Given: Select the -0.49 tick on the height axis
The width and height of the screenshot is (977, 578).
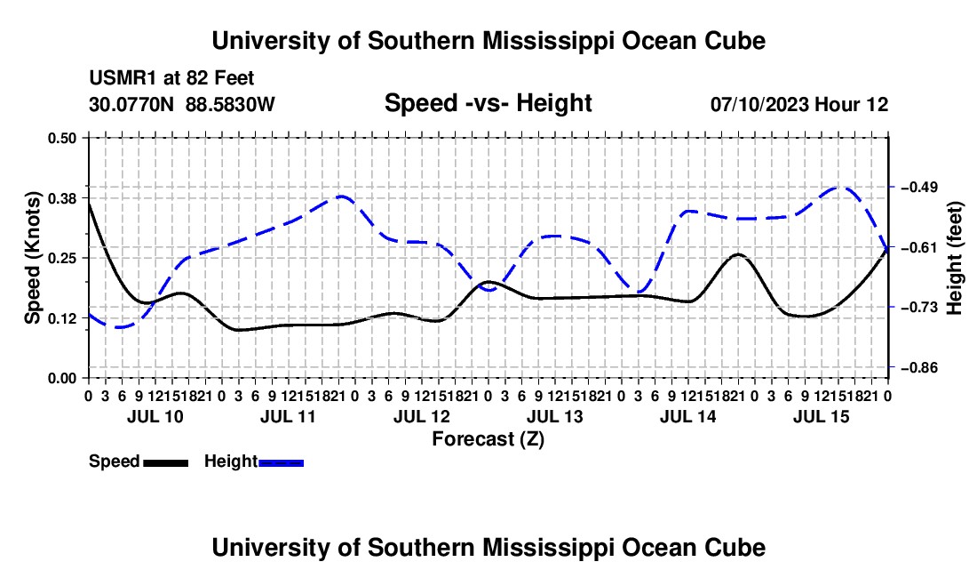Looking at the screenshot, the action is (x=923, y=187).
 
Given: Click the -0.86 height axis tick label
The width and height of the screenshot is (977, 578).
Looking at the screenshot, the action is (x=923, y=367).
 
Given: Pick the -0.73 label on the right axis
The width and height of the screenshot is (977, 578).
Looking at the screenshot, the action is (x=923, y=307).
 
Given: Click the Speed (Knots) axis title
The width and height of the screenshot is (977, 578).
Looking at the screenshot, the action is (x=32, y=258).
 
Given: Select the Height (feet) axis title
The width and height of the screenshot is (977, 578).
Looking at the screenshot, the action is (x=954, y=258).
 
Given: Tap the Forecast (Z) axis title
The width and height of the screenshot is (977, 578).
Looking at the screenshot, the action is (x=488, y=439).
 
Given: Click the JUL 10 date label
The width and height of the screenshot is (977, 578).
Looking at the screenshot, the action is (x=155, y=416).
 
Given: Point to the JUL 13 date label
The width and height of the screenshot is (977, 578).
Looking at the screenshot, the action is (x=554, y=416).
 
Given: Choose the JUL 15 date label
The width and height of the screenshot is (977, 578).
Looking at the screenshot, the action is (x=822, y=416).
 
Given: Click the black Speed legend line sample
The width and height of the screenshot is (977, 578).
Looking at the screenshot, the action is (x=166, y=462).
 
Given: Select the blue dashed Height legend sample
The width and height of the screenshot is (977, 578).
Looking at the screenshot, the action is (x=281, y=462).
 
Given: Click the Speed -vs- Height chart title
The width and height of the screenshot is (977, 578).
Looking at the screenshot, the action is (x=488, y=103).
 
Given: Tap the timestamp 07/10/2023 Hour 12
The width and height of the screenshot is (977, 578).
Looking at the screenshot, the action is (x=799, y=104).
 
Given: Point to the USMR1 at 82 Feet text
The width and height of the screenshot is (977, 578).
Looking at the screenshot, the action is (x=171, y=78).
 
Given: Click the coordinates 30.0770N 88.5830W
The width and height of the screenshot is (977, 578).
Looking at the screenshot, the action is (x=181, y=104).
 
